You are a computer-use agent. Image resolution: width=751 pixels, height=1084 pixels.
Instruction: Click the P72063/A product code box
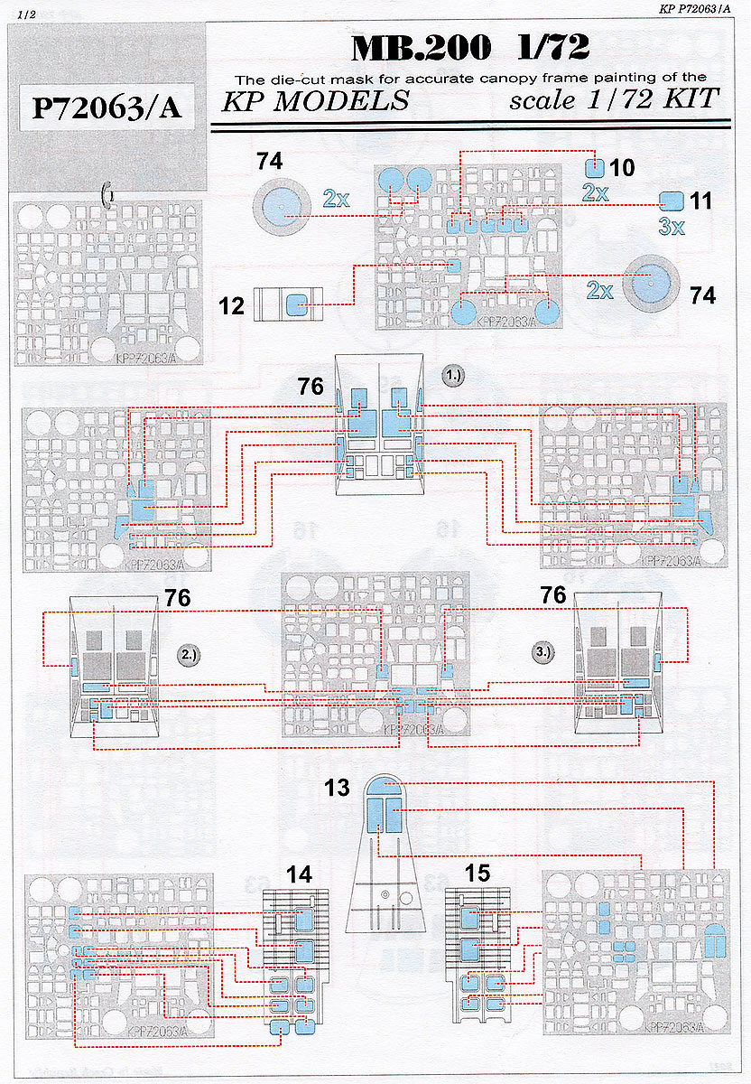[107, 108]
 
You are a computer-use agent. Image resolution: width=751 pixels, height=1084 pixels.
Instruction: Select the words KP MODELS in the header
[315, 100]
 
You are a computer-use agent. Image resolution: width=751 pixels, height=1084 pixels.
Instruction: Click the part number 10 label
[622, 168]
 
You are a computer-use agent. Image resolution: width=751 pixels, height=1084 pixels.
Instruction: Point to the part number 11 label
[700, 201]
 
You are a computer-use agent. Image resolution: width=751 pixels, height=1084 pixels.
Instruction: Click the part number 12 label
[232, 306]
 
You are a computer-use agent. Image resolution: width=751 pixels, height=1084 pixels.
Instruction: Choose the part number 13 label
[338, 788]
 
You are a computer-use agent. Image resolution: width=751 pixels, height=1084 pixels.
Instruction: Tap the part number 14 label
[299, 874]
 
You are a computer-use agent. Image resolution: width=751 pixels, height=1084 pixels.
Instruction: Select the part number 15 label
[477, 874]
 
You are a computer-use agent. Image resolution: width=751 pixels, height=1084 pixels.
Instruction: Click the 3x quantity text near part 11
[671, 227]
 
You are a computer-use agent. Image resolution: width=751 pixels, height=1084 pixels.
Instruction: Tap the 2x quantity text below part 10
[595, 192]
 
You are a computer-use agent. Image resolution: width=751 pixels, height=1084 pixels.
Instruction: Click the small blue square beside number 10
[595, 166]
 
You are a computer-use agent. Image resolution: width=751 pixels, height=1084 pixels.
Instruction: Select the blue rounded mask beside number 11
[670, 201]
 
